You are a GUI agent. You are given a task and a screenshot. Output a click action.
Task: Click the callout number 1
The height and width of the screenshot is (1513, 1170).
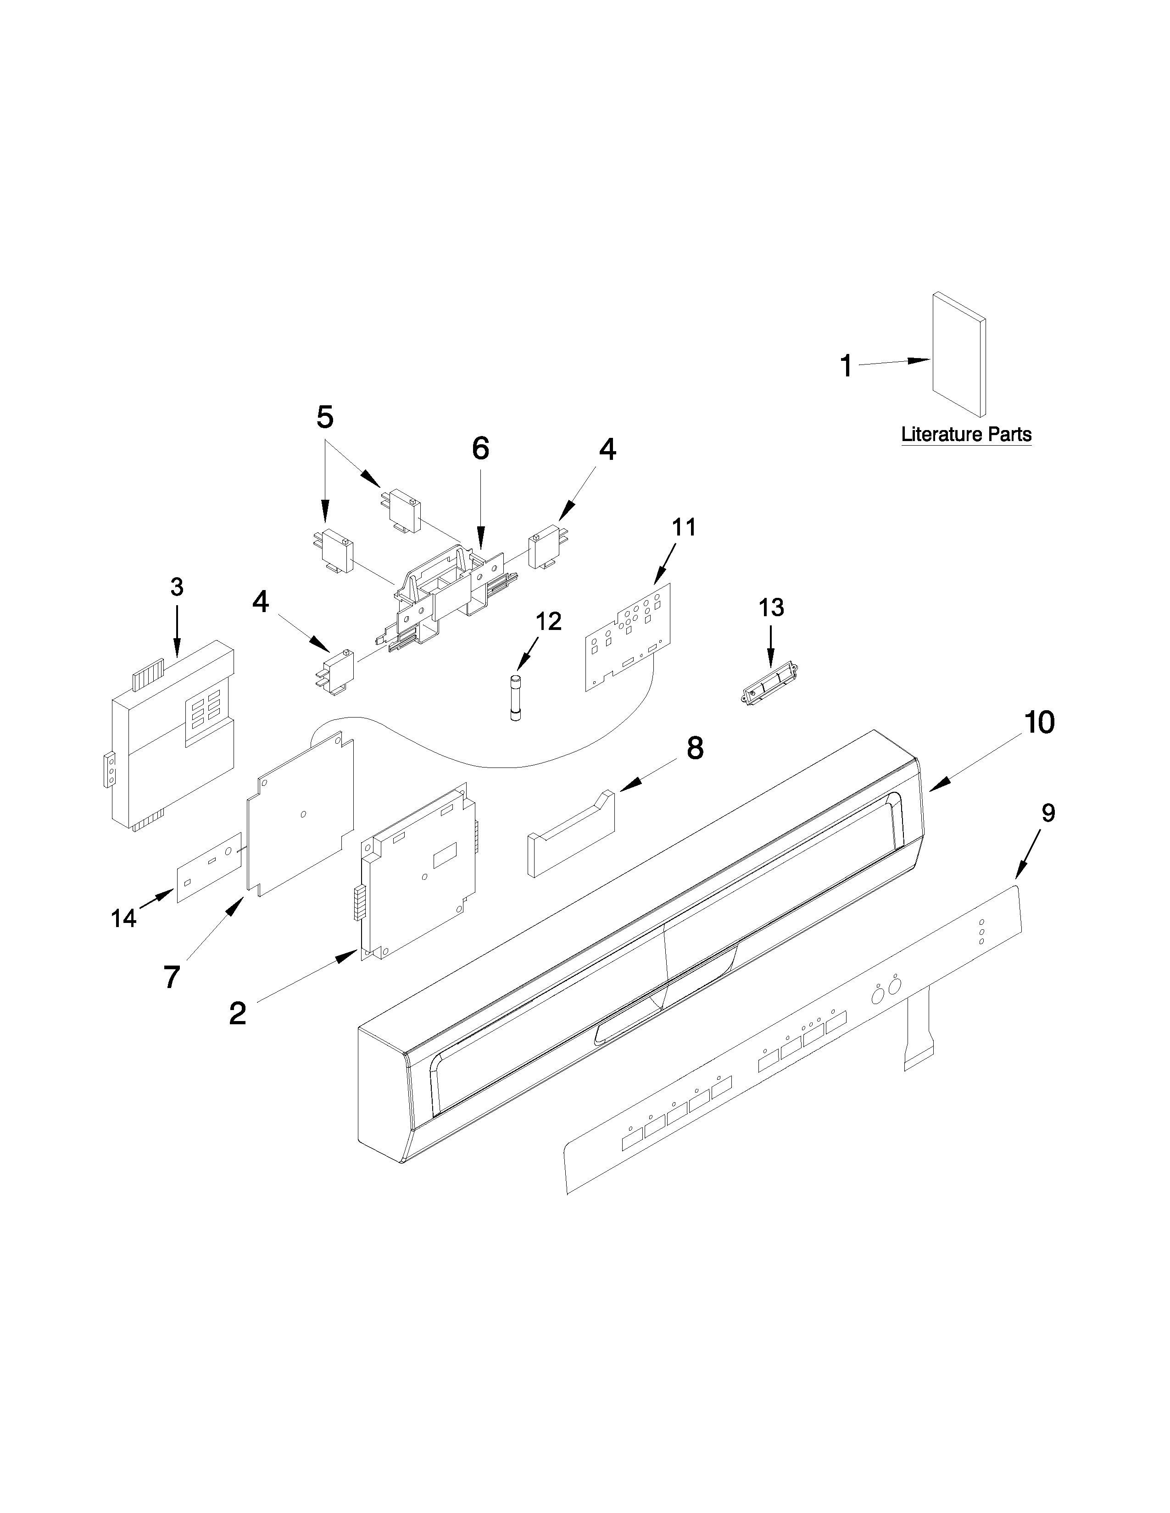tap(846, 366)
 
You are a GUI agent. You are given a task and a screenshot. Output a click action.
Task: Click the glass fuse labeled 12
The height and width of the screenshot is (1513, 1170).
tap(516, 698)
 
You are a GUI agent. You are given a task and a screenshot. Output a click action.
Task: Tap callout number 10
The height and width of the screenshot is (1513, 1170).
tap(1040, 723)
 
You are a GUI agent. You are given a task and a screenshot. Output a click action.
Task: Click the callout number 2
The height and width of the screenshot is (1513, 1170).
tap(237, 1014)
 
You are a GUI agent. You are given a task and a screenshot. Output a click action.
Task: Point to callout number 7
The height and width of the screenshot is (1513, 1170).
tap(171, 977)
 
